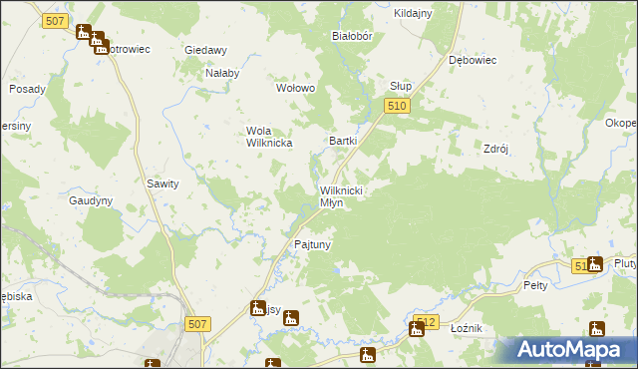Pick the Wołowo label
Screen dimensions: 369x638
[x=295, y=88]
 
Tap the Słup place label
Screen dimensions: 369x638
[x=401, y=86]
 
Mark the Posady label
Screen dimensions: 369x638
[x=28, y=89]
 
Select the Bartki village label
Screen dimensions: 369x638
[x=343, y=142]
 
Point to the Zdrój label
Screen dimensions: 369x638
[x=496, y=148]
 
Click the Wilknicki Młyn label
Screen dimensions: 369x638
[x=345, y=195]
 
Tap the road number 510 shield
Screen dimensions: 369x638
[x=398, y=105]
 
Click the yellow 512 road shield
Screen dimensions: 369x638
[x=426, y=321]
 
